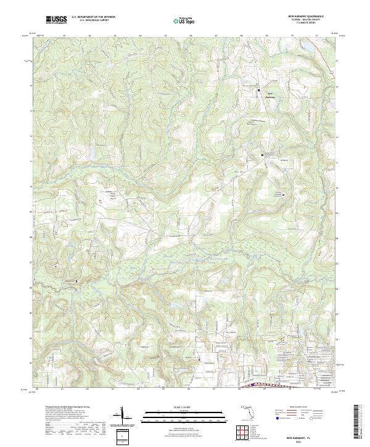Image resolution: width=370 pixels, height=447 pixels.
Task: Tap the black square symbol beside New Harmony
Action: (x=258, y=91)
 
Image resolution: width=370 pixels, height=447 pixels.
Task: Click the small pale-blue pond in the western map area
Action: (x=91, y=150)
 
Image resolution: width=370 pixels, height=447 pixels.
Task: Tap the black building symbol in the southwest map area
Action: (x=76, y=281)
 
